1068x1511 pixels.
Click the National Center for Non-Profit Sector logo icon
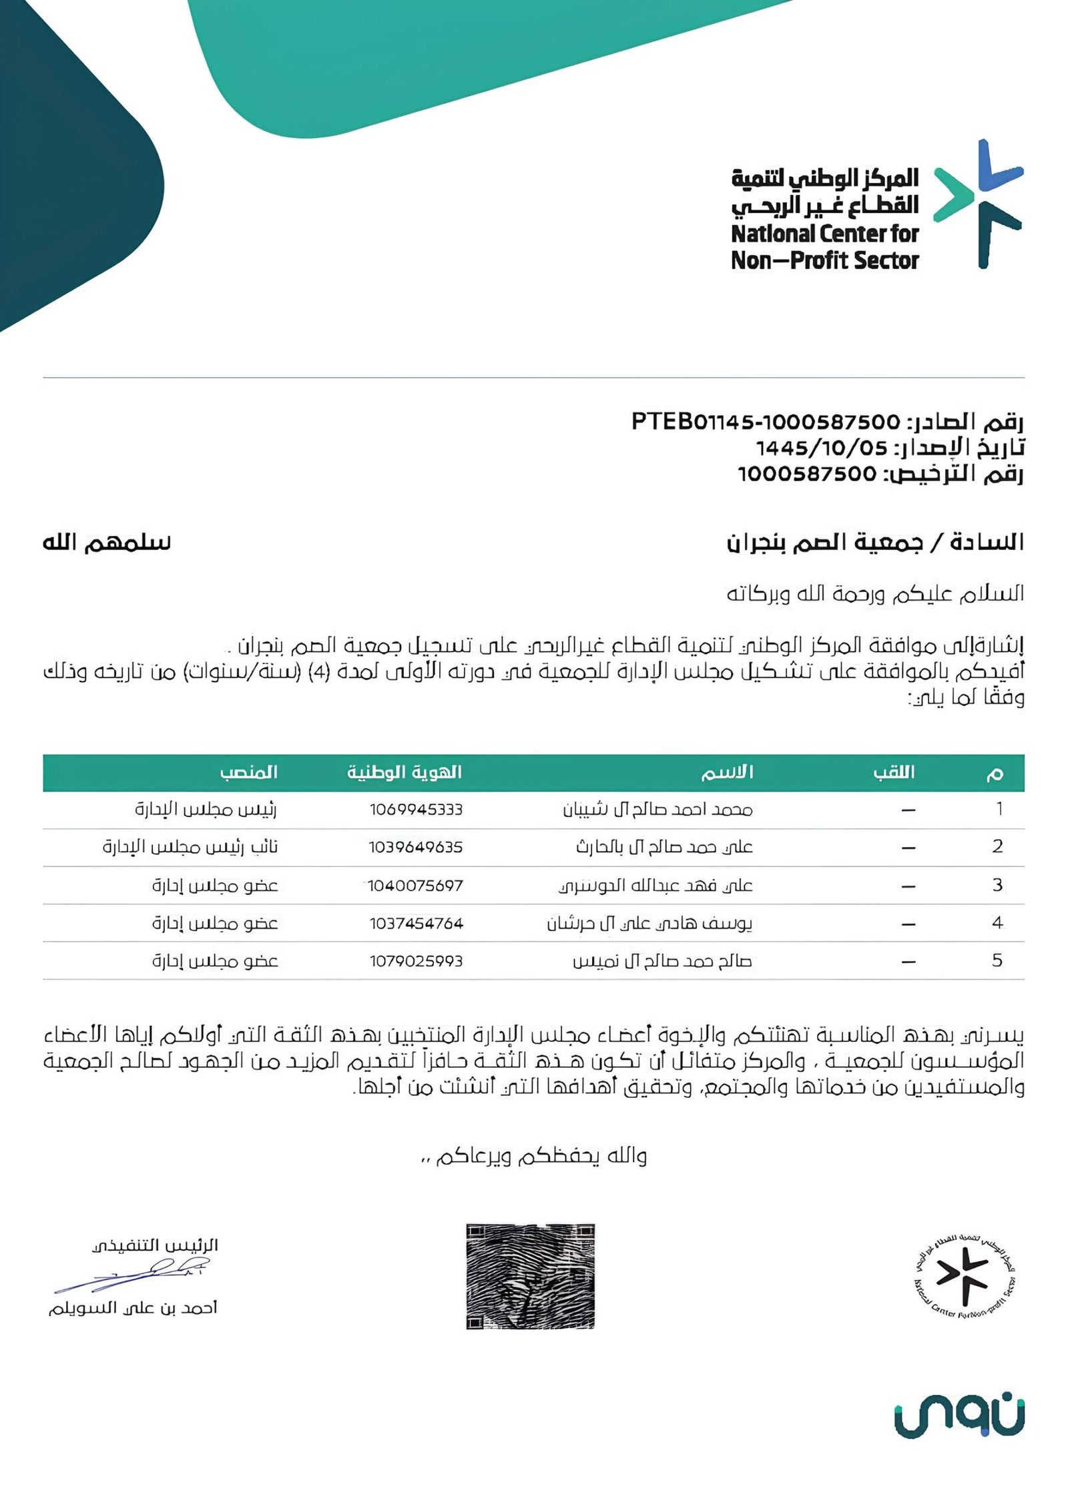(978, 204)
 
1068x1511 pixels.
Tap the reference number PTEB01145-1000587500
(766, 422)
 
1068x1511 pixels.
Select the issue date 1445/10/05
(821, 447)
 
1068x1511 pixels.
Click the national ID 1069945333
(416, 810)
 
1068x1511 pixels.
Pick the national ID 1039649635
(415, 848)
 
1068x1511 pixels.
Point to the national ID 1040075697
(415, 886)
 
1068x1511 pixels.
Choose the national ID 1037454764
(416, 924)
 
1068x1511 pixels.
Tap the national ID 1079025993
(416, 961)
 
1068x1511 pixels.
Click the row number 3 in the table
(997, 885)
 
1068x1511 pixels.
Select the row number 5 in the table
(997, 960)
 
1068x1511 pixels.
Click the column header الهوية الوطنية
(404, 772)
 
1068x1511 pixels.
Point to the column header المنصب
(248, 772)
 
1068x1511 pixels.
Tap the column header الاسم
(727, 772)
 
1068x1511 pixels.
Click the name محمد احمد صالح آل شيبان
(657, 810)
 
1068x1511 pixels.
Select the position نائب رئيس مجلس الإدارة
(190, 848)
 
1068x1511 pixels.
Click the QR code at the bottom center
(530, 1277)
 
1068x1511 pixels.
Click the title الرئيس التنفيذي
(155, 1245)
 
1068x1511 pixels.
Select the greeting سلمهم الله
(107, 543)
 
